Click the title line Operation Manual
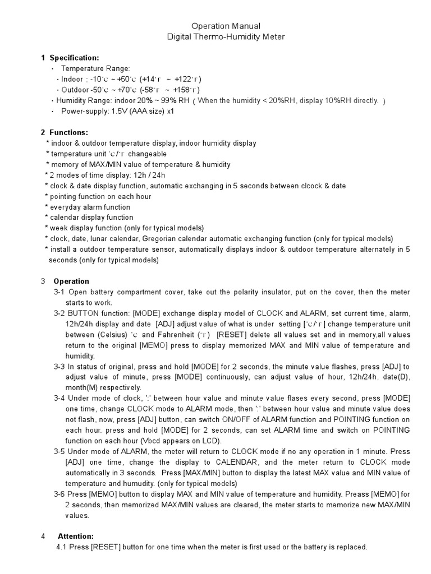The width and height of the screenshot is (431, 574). [x=218, y=26]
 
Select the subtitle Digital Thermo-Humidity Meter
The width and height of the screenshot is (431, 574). [x=218, y=36]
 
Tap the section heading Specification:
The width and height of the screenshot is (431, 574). [x=74, y=58]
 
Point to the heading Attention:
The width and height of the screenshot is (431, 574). [x=76, y=536]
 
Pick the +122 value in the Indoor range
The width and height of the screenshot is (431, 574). [x=185, y=79]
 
